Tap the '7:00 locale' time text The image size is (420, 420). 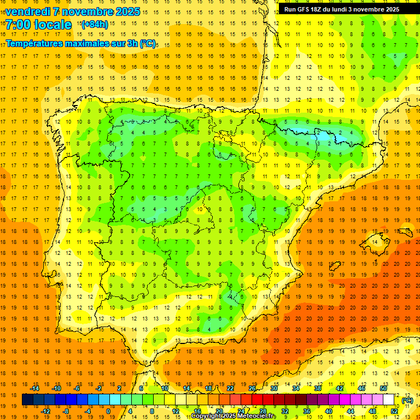coord(38,25)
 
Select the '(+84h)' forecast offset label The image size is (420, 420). coord(94,25)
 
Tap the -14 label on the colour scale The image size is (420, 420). coord(35,388)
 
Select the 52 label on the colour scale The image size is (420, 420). coord(394,411)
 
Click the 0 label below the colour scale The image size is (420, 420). coord(108,411)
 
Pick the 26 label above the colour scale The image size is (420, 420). coord(252,388)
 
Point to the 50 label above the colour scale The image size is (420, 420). coord(383,388)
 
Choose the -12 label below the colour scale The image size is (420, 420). coord(46,411)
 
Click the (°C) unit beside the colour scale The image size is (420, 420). coord(407,400)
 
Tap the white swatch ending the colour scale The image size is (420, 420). coord(389,400)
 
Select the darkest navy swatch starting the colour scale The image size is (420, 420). coord(27,400)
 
